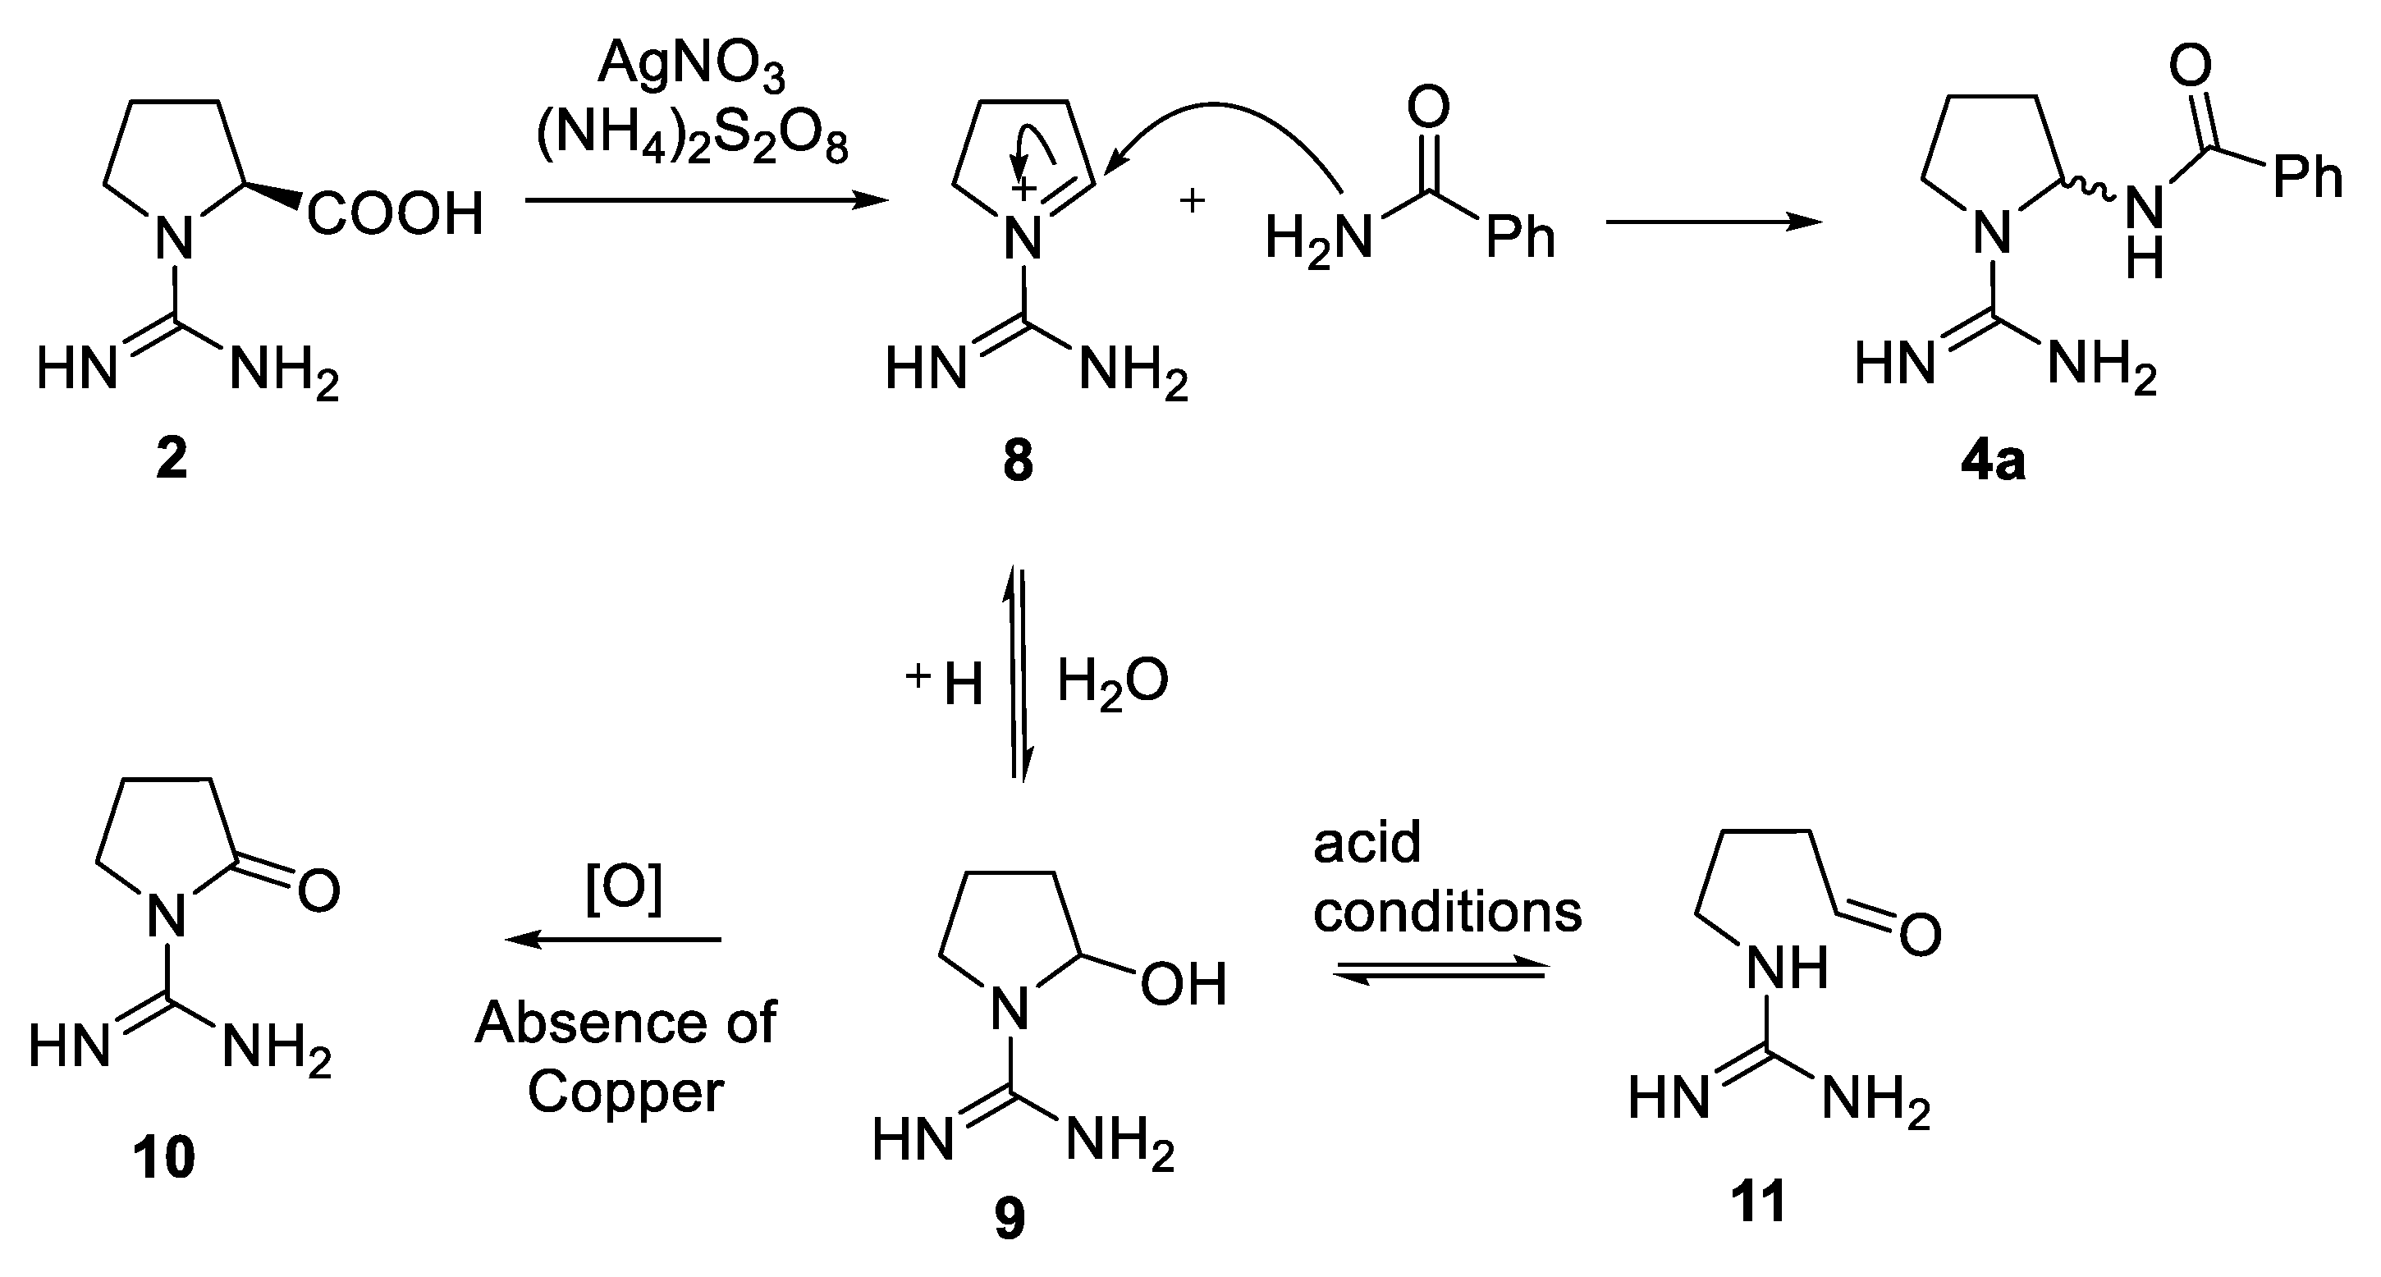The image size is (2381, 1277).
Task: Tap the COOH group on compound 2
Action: pyautogui.click(x=396, y=214)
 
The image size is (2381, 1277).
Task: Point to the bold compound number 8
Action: pyautogui.click(x=1017, y=461)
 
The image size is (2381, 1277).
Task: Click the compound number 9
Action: pyautogui.click(x=1010, y=1219)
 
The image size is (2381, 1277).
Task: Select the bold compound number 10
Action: pyautogui.click(x=163, y=1158)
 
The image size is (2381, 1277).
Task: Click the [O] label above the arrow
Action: pyautogui.click(x=624, y=889)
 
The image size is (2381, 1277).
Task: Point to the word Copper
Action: pyautogui.click(x=625, y=1092)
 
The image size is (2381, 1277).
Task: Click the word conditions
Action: pyautogui.click(x=1448, y=912)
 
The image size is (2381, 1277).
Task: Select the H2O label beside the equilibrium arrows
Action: pyautogui.click(x=1112, y=682)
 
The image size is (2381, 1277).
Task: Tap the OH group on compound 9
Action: pyautogui.click(x=1183, y=984)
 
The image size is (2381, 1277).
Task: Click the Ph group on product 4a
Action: pyautogui.click(x=2307, y=176)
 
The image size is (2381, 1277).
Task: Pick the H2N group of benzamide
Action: pyautogui.click(x=1318, y=238)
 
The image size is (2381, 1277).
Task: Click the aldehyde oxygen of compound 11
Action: pyautogui.click(x=1920, y=935)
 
